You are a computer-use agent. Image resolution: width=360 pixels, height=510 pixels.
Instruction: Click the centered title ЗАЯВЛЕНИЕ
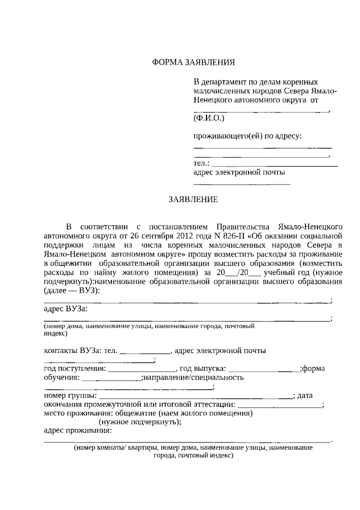193,199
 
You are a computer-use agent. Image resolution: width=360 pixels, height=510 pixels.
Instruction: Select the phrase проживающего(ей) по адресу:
247,136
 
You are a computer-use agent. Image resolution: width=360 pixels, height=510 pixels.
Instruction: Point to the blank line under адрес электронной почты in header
242,184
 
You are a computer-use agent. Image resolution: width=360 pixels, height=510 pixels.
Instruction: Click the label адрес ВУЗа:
65,309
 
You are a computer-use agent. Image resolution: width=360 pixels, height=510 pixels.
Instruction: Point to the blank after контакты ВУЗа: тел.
145,352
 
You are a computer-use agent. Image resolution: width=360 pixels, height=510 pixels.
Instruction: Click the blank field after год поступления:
141,370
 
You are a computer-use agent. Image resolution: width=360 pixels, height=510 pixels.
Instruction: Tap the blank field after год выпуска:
264,370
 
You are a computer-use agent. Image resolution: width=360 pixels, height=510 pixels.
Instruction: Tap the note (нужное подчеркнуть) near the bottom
134,422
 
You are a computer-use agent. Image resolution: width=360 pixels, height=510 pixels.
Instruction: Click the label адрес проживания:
78,431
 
